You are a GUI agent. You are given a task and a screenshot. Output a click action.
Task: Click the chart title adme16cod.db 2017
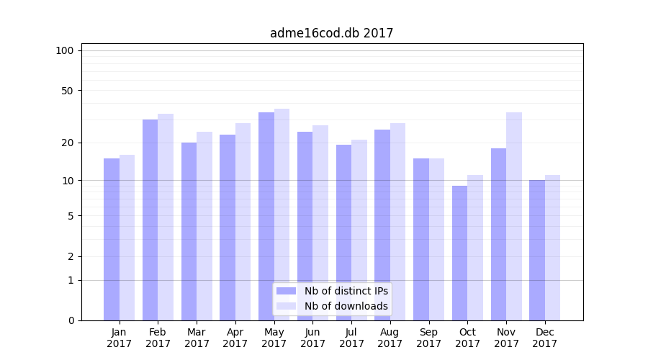331,33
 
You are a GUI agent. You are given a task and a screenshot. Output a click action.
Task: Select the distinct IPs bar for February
150,220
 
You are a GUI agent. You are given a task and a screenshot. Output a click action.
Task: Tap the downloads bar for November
514,216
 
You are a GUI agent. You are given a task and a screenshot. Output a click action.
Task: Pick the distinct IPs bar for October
459,253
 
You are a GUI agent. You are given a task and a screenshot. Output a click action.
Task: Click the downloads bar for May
282,215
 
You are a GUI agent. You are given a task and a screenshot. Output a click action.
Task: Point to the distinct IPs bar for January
112,239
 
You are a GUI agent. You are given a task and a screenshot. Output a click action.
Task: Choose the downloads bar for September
436,239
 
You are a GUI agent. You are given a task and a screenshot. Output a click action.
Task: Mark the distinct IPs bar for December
537,250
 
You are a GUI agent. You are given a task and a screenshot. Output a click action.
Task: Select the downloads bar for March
204,226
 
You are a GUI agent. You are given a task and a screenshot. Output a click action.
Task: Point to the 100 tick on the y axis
65,50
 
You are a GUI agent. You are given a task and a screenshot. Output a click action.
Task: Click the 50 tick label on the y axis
68,91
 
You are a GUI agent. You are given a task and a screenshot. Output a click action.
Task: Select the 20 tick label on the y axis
68,143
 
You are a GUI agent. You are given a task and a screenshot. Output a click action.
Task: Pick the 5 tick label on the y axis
71,216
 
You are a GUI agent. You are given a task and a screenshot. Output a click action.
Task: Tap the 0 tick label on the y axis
71,320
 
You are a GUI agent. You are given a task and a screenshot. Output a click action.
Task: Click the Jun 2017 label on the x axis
312,338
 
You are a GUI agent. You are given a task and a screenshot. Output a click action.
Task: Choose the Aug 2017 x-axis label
390,338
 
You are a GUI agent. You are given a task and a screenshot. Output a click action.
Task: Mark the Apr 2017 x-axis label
235,338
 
